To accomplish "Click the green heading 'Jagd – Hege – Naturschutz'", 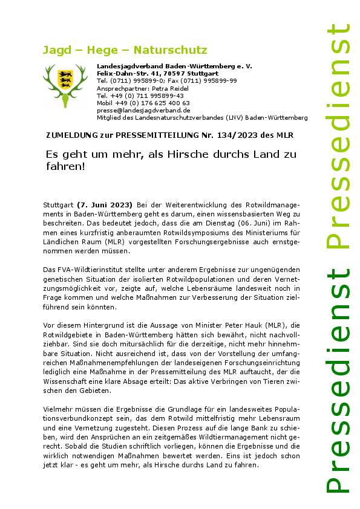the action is pos(125,50).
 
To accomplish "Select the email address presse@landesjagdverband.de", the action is pos(143,111).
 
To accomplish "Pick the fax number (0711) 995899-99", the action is pos(211,80).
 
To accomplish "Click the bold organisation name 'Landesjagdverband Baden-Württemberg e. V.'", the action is pos(174,65).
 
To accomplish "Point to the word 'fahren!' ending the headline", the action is pos(65,166).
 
